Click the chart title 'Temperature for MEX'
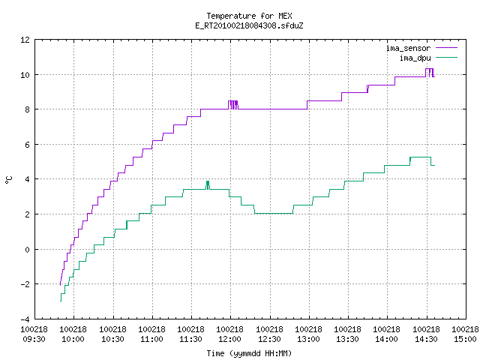249,16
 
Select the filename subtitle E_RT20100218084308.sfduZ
249,25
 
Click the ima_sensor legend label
408,48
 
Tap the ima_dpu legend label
415,58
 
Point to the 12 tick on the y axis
25,40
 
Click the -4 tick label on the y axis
25,319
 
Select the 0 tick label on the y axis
27,250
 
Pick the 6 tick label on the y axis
27,145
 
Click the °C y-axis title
9,180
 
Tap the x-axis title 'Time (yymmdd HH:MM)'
249,353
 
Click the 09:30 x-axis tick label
34,339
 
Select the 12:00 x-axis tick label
229,339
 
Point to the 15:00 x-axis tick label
465,339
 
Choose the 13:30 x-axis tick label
347,339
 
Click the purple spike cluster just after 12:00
233,105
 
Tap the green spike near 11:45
208,185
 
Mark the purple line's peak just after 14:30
430,69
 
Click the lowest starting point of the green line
61,301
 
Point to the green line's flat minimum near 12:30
274,213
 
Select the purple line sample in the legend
447,48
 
